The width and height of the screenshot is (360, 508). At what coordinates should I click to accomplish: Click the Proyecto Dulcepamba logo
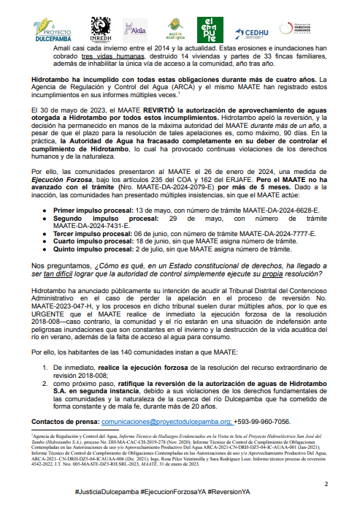click(x=52, y=29)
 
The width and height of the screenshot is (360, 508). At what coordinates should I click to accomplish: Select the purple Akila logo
click(x=136, y=29)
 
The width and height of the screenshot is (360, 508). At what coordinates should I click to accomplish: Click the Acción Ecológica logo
click(x=172, y=29)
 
